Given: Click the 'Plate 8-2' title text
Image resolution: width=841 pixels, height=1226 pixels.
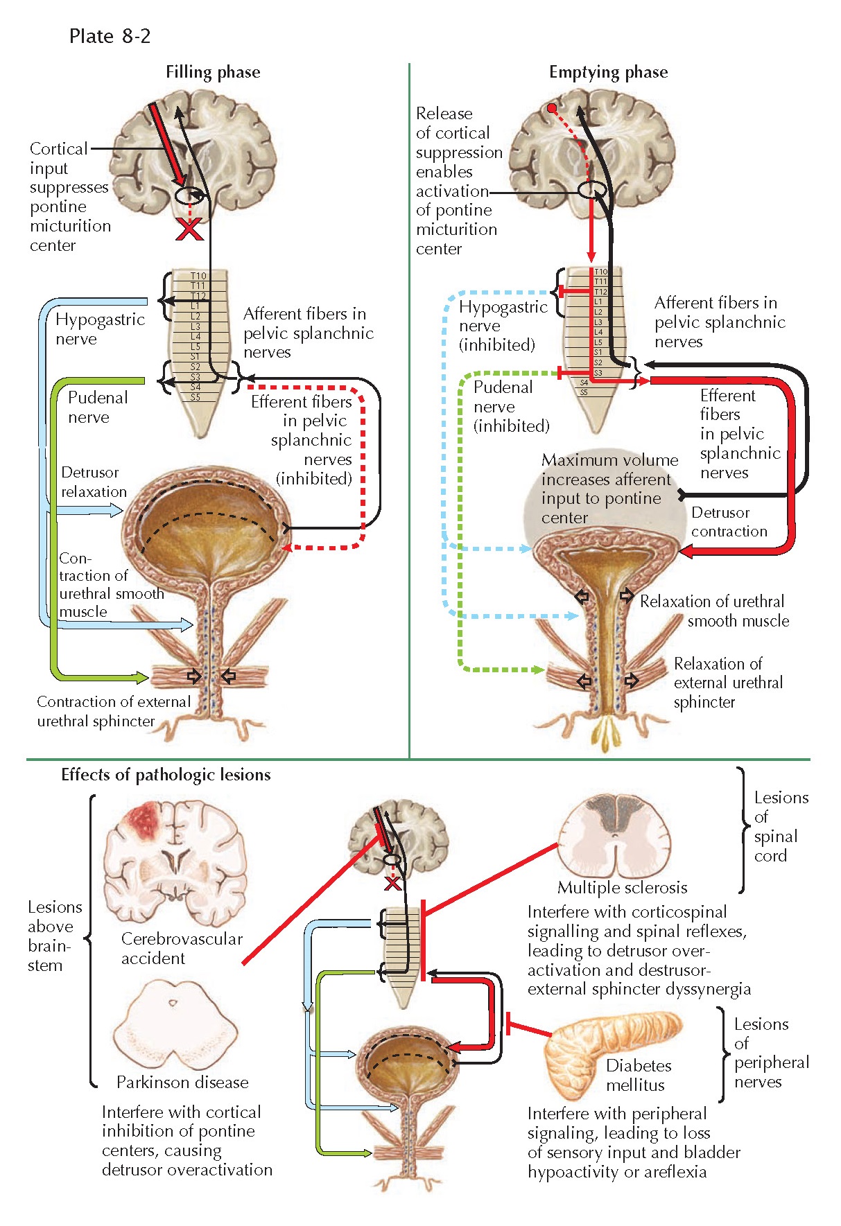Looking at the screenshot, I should click(x=110, y=36).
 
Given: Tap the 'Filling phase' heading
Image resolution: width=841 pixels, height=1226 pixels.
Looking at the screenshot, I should click(x=213, y=72).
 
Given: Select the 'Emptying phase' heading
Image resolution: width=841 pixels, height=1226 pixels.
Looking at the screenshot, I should click(x=608, y=72).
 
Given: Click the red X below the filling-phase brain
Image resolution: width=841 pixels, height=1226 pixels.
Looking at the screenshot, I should click(x=189, y=229).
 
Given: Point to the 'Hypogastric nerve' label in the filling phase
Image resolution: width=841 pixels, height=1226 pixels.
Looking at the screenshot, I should click(x=99, y=329).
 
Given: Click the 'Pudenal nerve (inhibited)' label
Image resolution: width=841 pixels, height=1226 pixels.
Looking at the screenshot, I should click(x=510, y=407).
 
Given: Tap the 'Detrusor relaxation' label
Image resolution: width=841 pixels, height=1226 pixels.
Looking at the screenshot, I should click(x=94, y=482).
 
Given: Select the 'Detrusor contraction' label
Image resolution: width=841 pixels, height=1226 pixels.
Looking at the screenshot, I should click(x=729, y=522).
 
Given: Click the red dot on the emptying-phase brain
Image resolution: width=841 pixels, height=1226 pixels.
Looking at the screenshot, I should click(x=551, y=109).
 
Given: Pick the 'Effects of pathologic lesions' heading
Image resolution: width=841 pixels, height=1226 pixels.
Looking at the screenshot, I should click(x=166, y=775).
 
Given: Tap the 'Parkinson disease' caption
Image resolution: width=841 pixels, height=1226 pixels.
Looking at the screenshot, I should click(x=182, y=1082).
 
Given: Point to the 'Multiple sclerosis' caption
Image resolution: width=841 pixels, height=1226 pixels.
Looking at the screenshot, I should click(x=622, y=888).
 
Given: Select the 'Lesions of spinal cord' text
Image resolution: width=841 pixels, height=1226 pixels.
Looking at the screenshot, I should click(x=779, y=827).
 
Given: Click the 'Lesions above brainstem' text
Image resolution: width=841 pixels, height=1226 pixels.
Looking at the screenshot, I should click(x=54, y=936).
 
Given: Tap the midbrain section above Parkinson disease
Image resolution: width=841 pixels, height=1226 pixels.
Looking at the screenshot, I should click(x=175, y=1026).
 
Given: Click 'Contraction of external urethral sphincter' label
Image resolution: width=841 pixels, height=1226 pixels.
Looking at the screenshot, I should click(x=113, y=711).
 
